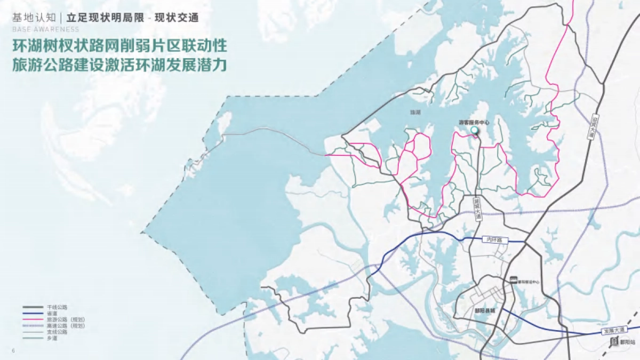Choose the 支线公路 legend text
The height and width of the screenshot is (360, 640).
(58, 331)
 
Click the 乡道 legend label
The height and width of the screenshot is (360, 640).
(52, 337)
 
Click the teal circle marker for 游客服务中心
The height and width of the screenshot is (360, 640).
(474, 130)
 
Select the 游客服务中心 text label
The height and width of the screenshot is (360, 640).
(474, 122)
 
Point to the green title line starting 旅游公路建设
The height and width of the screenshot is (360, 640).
(121, 65)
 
